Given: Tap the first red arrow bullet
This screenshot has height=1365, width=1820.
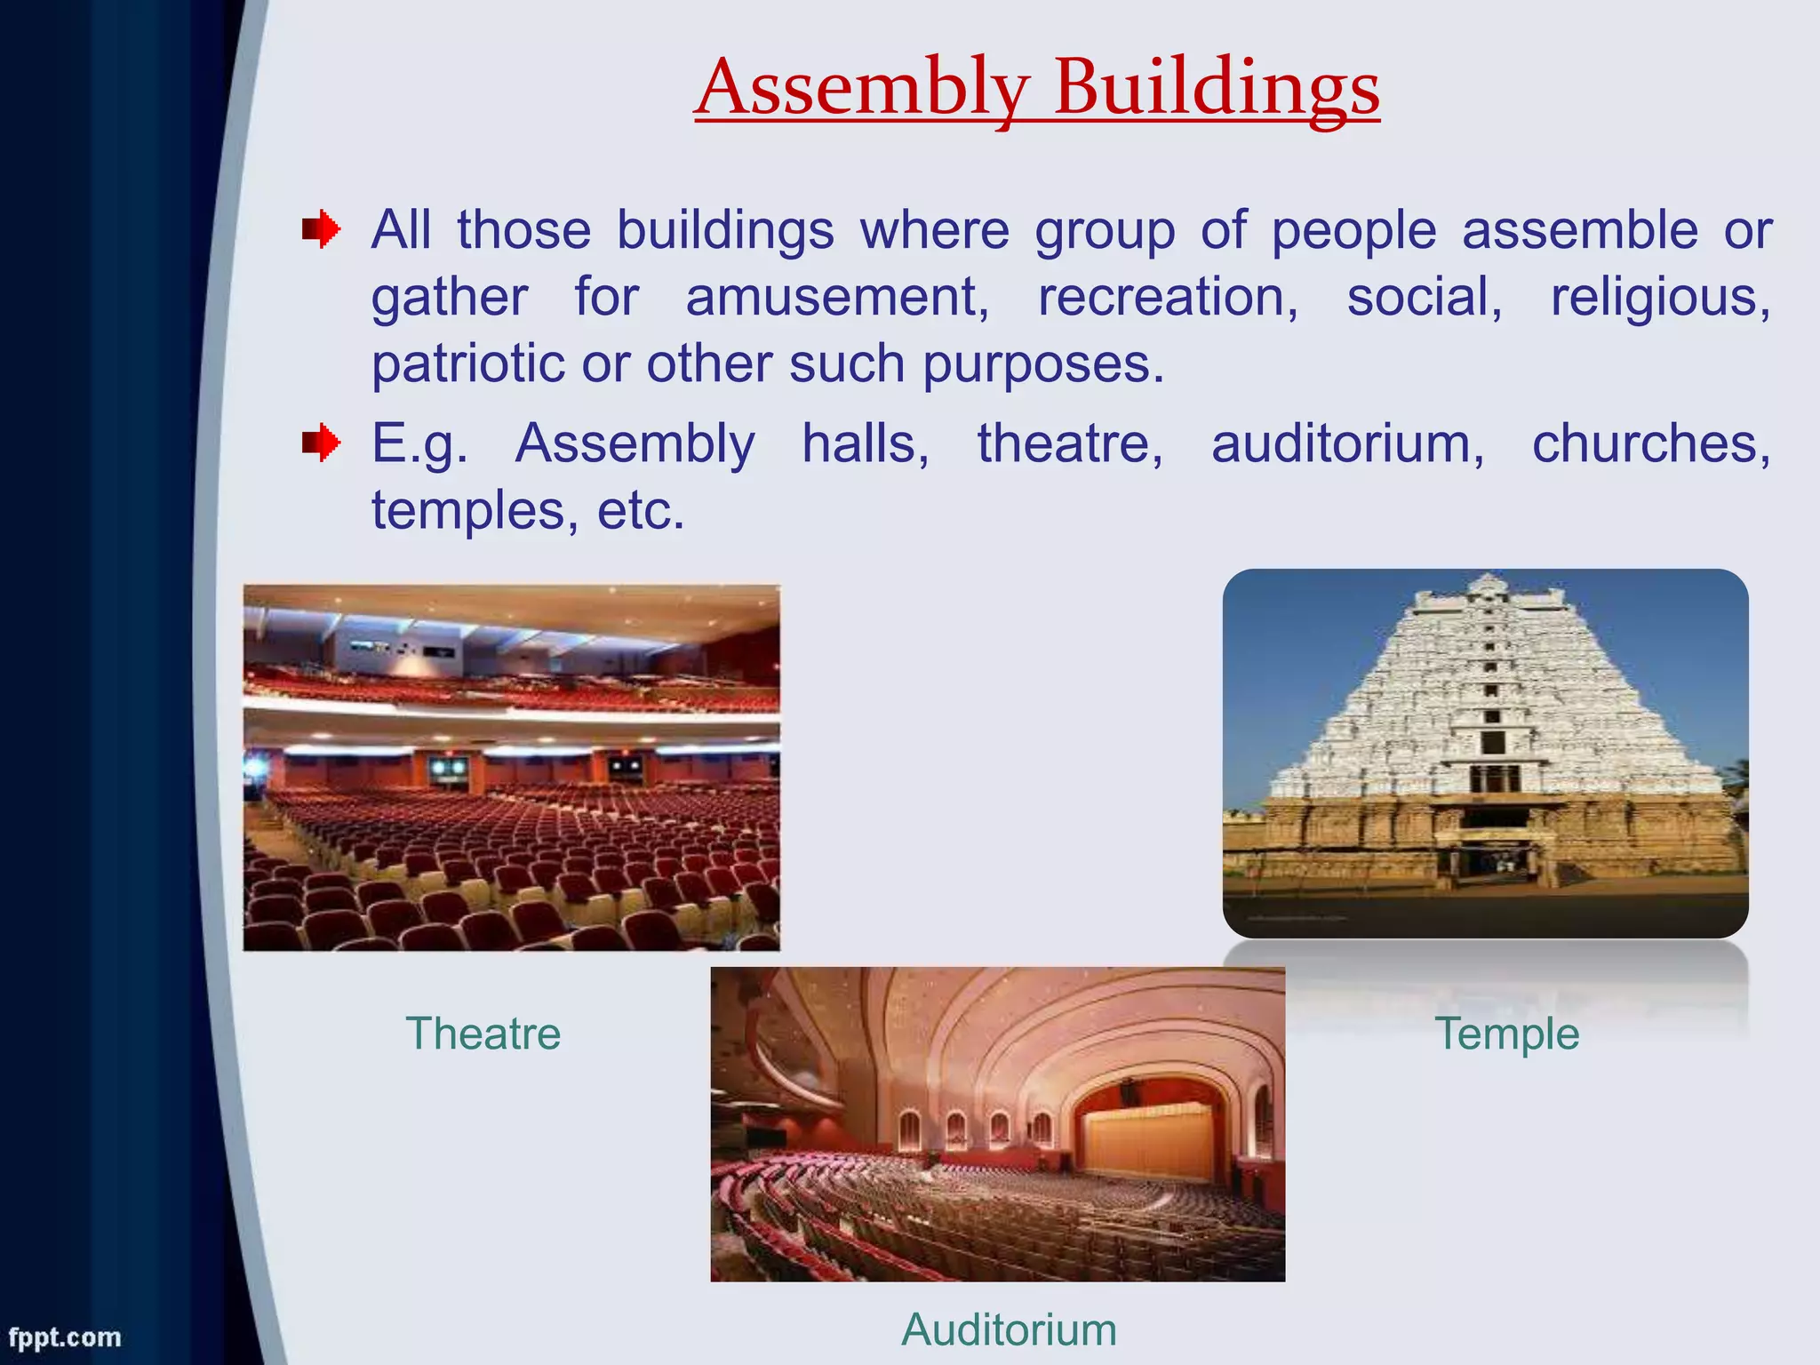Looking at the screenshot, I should pos(321,230).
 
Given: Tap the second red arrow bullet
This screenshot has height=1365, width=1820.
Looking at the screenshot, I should pos(321,443).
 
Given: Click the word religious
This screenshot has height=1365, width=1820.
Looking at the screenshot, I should pos(1660,297).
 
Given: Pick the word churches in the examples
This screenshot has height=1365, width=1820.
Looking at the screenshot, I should pos(1650,443).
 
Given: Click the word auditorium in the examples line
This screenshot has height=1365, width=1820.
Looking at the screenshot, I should pos(1347,443).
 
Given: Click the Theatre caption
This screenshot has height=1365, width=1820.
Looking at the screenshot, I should pos(483,1034).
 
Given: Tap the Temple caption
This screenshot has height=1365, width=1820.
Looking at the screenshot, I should pos(1507,1034).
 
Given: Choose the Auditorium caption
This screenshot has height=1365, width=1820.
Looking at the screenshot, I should pos(1009,1329).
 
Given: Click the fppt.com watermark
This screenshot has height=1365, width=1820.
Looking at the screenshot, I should pos(64,1337).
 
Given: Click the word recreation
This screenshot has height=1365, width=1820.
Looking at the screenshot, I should pos(1168,297).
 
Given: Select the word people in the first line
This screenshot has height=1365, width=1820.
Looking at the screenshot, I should pos(1353,230).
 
